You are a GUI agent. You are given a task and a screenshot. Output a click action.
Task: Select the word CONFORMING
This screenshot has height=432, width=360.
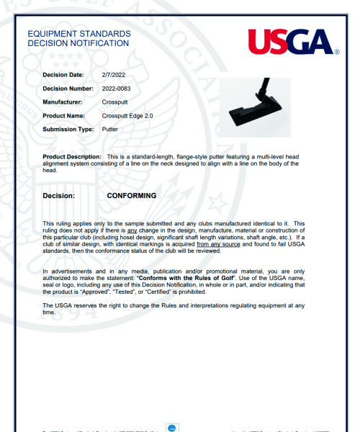[131, 195]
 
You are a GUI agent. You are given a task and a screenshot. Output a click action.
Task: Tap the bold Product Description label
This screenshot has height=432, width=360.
[72, 156]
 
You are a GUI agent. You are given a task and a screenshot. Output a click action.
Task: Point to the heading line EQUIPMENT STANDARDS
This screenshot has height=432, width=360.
[78, 34]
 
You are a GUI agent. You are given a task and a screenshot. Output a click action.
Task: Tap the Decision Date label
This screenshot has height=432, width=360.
[63, 74]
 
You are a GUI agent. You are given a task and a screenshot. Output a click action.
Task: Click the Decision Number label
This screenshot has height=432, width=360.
[68, 88]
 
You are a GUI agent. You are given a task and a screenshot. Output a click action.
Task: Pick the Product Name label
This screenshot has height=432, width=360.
[64, 115]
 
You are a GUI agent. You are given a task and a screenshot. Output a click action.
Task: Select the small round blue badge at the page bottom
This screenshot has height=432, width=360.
[173, 428]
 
